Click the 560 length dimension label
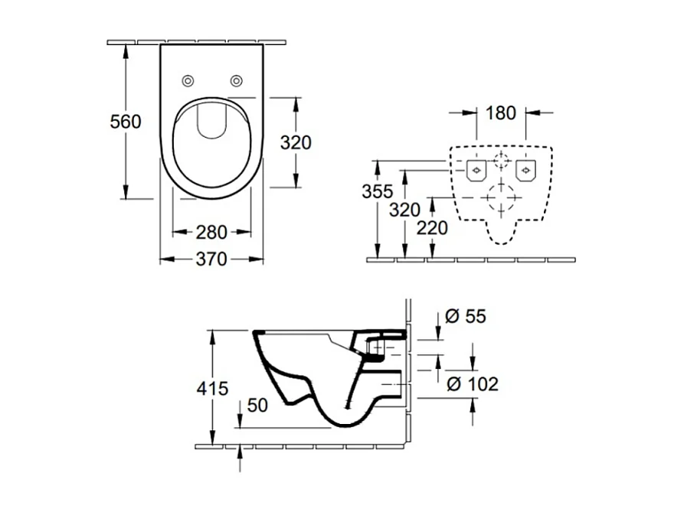coord(126,122)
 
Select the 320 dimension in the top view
coord(296,142)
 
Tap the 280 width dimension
coord(211,231)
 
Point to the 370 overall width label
coord(211,260)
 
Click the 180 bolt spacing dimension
coord(500,113)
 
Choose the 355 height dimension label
coord(378,191)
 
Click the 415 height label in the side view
coord(212,389)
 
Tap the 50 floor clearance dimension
coord(258,406)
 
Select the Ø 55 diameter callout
coord(466,316)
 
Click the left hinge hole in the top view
coord(187,80)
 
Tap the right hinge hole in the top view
coord(237,80)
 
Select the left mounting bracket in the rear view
coord(476,170)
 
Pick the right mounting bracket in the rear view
coord(526,170)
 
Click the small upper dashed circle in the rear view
coord(501,161)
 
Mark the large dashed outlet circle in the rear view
coord(501,197)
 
